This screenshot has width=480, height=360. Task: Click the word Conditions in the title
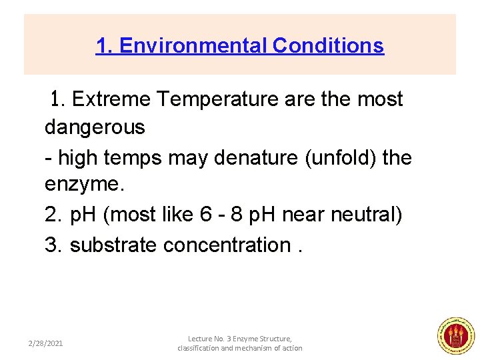329,46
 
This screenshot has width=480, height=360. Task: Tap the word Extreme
111,99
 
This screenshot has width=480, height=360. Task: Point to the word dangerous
95,127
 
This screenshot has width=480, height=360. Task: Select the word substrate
113,245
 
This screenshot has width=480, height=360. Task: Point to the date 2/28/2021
45,343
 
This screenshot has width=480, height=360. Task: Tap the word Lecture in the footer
201,339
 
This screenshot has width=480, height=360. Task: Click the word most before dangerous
379,99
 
